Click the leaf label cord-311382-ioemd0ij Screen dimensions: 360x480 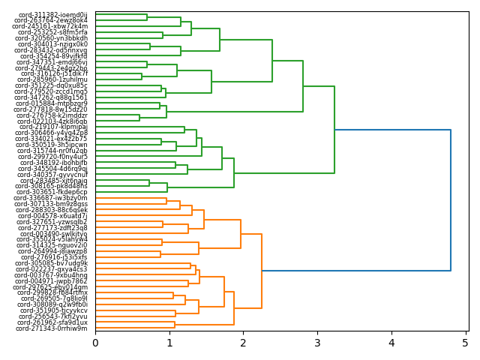point(51,15)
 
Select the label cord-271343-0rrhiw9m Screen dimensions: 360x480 point(52,328)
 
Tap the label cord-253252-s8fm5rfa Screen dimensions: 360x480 point(52,32)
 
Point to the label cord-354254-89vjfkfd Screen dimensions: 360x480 point(54,56)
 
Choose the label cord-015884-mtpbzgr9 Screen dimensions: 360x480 point(52,103)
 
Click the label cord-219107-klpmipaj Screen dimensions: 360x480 point(53,127)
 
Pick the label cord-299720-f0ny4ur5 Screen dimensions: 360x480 point(52,157)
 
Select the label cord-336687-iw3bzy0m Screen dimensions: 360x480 point(52,198)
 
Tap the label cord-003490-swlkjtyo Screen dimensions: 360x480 point(54,234)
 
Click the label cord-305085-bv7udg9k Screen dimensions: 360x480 point(52,263)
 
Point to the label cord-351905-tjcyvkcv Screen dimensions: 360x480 point(54,310)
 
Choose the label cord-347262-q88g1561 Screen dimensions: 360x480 point(52,97)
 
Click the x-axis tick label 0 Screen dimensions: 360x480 point(95,343)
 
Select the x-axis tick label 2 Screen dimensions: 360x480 point(243,343)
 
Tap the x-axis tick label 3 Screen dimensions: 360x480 point(317,343)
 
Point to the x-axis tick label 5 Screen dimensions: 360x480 point(465,343)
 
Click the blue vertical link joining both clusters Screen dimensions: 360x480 point(451,200)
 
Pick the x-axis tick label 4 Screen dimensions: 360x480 point(391,343)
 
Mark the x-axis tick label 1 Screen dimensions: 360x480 point(169,343)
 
